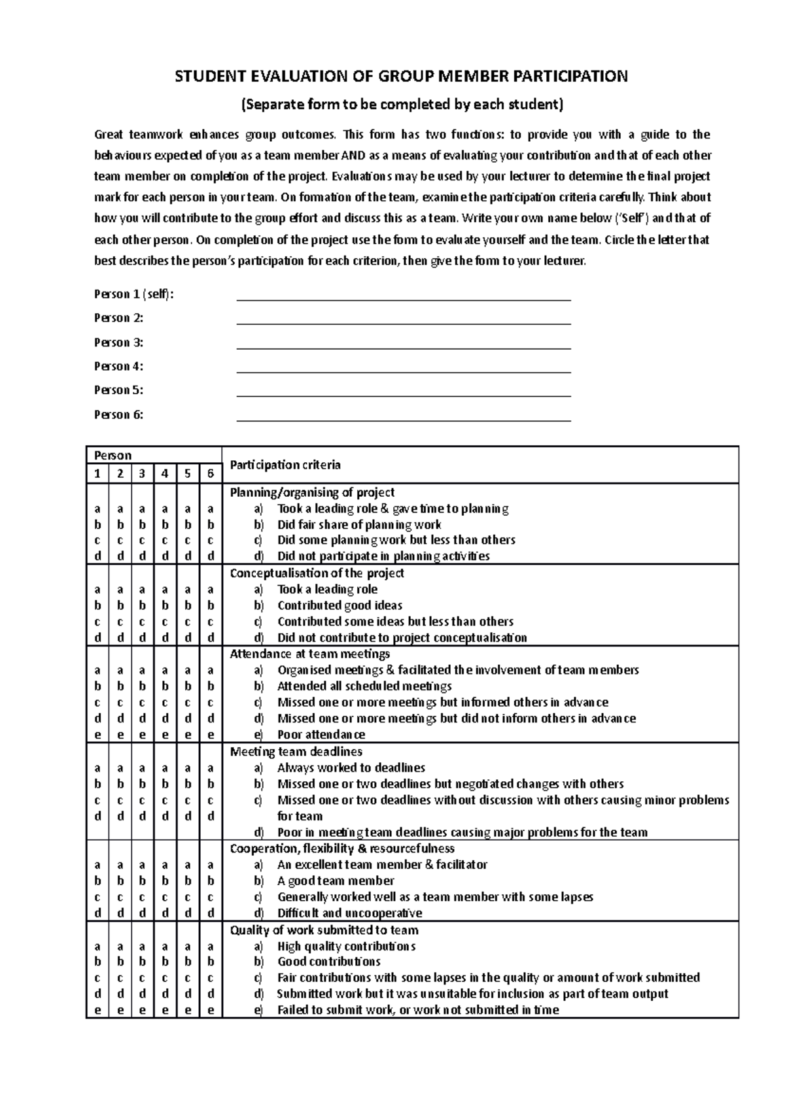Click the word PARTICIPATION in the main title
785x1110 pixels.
point(570,77)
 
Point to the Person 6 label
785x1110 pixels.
point(118,414)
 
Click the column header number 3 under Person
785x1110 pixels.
point(142,473)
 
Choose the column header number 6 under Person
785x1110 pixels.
point(210,473)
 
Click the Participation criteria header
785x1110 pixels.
point(285,465)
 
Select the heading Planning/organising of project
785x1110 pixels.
point(312,492)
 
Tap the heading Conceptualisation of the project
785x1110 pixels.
point(317,573)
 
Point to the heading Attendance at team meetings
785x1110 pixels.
point(309,654)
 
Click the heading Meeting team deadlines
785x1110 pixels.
point(296,752)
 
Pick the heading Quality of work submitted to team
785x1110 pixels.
point(324,930)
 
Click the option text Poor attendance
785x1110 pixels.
point(321,735)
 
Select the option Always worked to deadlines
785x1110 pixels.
point(351,767)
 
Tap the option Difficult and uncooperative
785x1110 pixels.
point(349,913)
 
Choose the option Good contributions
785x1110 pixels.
point(328,962)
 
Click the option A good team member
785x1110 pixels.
point(336,881)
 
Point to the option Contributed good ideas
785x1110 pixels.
point(340,605)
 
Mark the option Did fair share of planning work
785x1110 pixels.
point(358,524)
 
